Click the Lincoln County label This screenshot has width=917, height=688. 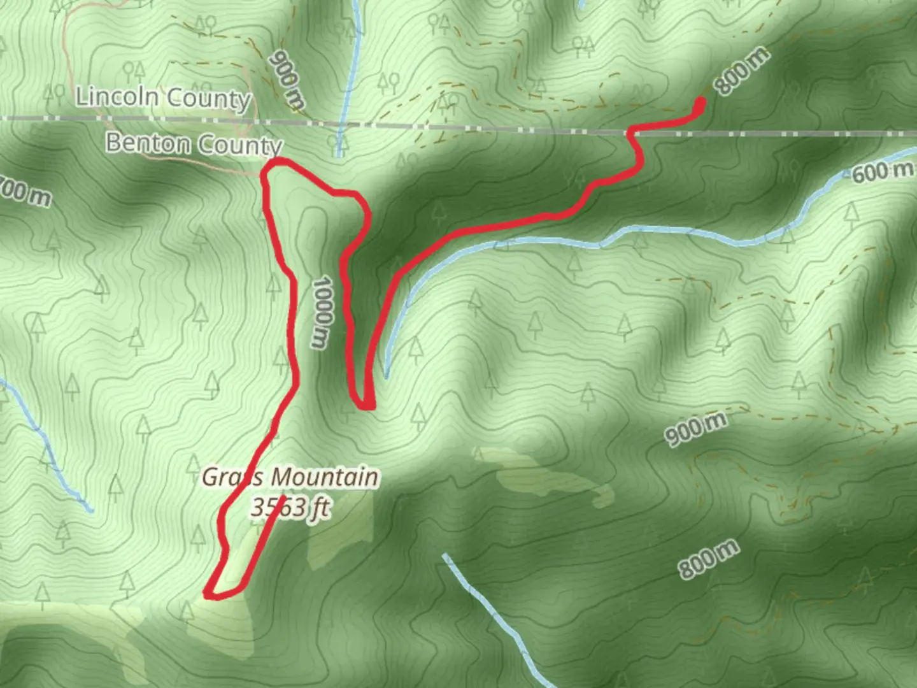(x=164, y=97)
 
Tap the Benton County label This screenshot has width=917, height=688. (x=194, y=144)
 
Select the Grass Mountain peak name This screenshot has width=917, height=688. (x=290, y=477)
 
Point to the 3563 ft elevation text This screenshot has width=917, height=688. (x=290, y=508)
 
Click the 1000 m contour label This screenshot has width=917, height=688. (x=322, y=312)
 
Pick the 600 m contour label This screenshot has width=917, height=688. (x=882, y=171)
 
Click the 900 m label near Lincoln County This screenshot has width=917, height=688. (x=287, y=80)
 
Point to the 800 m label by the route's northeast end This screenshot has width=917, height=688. (x=741, y=71)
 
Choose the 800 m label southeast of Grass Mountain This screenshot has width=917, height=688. (x=708, y=559)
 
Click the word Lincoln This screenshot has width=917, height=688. (x=117, y=96)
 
